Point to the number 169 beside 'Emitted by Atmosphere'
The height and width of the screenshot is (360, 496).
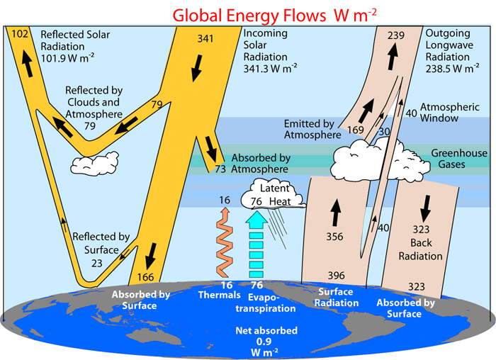[356, 130]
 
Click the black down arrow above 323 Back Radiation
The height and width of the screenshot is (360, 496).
[427, 205]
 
